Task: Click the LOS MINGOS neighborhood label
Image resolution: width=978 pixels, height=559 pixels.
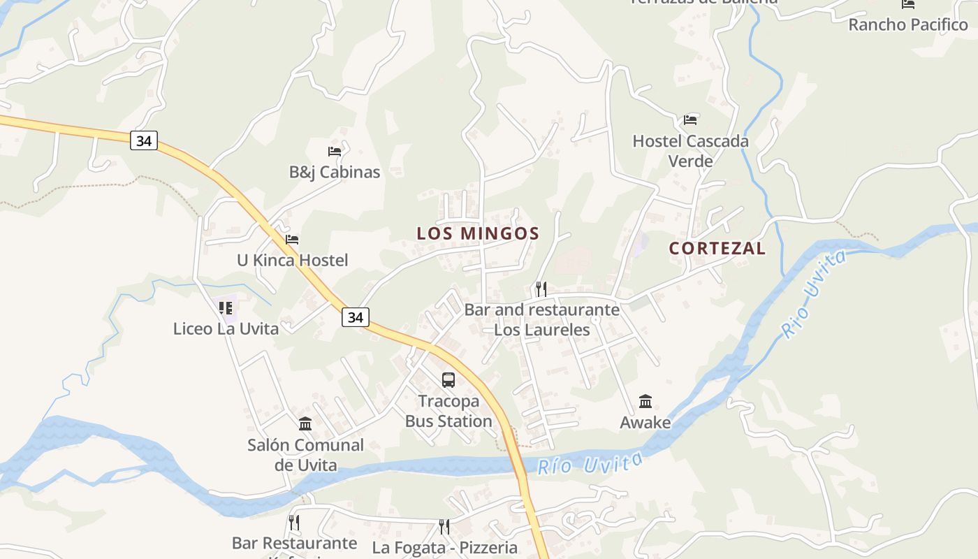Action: click(x=478, y=233)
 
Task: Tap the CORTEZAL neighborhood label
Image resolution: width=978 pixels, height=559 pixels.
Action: click(x=717, y=248)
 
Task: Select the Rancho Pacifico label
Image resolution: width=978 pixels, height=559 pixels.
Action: click(x=907, y=24)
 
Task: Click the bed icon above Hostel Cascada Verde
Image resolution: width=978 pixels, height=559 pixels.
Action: click(x=690, y=120)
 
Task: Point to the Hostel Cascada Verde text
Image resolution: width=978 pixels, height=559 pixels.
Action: click(x=690, y=151)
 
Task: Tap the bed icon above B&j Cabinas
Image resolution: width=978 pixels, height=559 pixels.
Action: click(x=335, y=151)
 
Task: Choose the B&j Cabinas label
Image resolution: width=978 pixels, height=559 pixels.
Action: click(x=335, y=172)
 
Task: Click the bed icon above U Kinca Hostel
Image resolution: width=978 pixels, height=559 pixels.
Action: click(x=292, y=240)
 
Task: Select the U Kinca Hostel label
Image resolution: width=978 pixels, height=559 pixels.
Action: click(x=292, y=261)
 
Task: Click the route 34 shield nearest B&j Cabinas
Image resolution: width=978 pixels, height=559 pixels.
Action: click(x=143, y=140)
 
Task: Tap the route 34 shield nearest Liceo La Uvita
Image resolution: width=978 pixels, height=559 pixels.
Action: click(x=355, y=317)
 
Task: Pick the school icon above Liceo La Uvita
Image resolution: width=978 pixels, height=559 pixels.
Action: click(x=226, y=307)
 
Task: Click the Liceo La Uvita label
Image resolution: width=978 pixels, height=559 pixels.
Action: click(x=226, y=328)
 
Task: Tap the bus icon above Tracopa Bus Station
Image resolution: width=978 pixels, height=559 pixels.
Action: click(x=448, y=380)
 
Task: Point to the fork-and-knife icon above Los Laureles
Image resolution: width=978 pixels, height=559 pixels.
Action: click(x=541, y=289)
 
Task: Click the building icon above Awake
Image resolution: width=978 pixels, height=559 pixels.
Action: click(x=645, y=402)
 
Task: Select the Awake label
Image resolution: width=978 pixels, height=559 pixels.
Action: click(x=645, y=423)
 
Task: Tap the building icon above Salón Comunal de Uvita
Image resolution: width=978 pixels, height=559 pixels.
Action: click(x=305, y=424)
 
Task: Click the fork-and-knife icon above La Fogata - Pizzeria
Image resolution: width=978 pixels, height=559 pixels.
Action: click(x=444, y=526)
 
